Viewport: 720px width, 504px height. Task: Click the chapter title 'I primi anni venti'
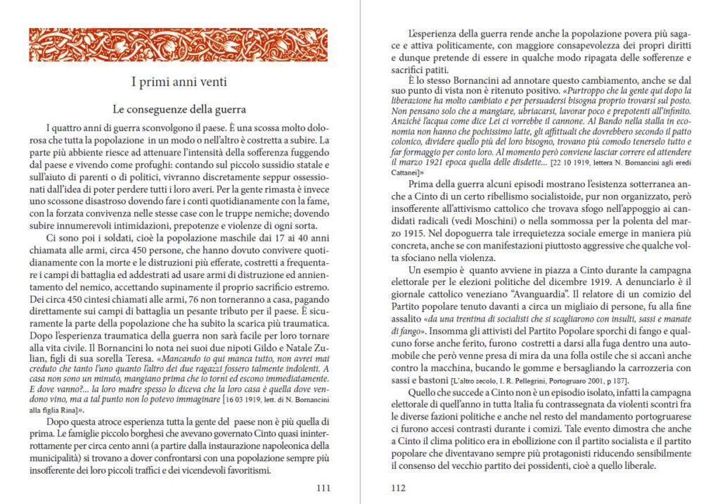pos(179,82)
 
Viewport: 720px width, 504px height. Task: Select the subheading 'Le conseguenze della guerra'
pos(179,110)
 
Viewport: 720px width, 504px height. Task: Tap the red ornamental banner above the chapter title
pos(179,44)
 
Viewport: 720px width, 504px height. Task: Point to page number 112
pos(399,487)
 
